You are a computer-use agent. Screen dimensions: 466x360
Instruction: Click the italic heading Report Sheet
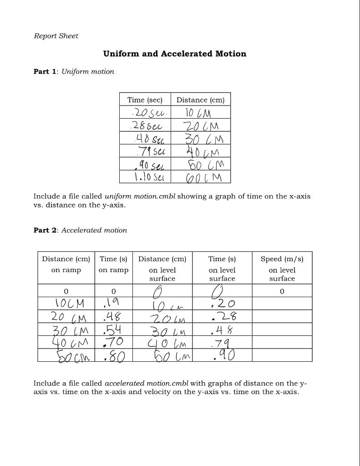click(56, 36)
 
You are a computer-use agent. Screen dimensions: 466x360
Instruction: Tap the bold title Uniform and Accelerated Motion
click(175, 54)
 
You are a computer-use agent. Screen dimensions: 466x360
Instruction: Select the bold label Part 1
click(45, 71)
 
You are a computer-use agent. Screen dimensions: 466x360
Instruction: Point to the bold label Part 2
click(45, 230)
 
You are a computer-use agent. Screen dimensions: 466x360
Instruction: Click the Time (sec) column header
click(145, 100)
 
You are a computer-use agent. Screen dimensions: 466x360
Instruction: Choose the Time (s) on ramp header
click(113, 264)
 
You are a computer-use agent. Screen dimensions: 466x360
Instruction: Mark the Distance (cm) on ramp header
click(66, 264)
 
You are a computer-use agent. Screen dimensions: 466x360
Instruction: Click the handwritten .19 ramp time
click(112, 302)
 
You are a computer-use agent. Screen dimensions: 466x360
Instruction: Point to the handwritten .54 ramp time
click(112, 329)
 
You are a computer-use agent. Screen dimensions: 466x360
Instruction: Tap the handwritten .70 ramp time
click(112, 342)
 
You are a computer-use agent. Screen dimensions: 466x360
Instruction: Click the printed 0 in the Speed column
click(282, 291)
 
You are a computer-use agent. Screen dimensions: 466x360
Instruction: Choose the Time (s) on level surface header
click(222, 268)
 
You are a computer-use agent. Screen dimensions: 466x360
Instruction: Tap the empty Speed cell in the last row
click(282, 355)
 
